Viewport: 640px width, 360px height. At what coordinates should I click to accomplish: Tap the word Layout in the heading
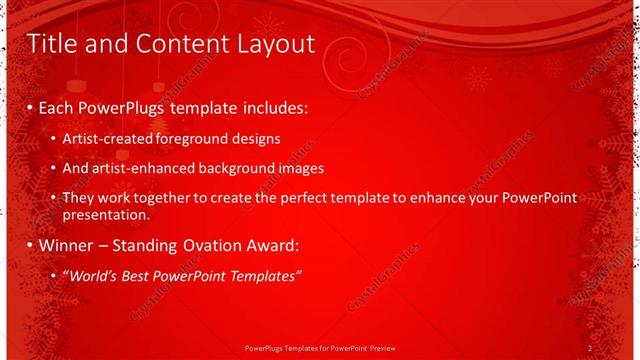point(274,43)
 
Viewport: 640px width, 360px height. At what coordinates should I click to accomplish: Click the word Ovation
point(206,245)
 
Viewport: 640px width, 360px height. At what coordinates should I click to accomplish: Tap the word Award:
point(271,245)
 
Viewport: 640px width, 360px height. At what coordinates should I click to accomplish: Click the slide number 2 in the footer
point(590,348)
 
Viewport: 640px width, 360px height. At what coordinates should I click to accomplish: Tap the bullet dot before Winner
point(30,246)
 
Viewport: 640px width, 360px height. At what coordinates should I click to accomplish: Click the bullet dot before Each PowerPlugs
point(30,107)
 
